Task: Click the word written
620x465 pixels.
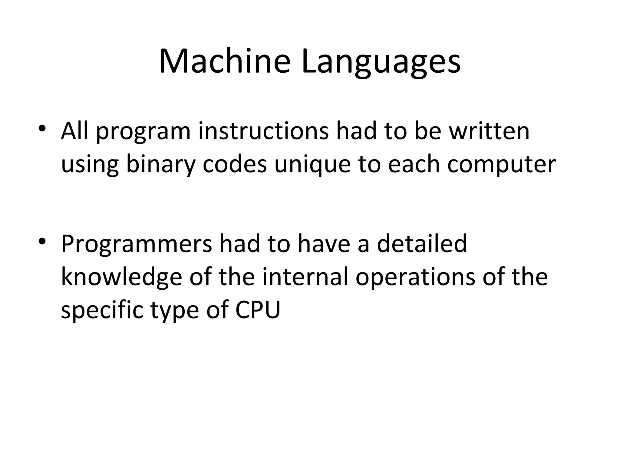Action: click(489, 131)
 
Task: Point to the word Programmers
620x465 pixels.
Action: click(136, 244)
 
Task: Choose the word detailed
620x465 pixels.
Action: click(422, 243)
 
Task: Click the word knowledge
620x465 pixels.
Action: click(121, 277)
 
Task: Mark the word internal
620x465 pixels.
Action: click(305, 277)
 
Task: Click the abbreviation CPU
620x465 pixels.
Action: click(258, 310)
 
